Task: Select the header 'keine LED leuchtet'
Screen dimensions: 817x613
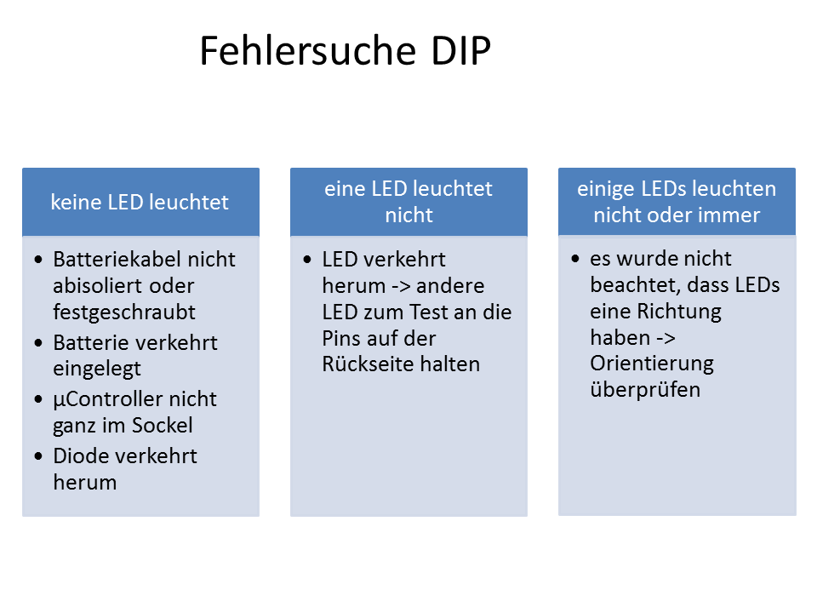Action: point(140,203)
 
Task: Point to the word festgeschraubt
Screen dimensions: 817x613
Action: point(124,312)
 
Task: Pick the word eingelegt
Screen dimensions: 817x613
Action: point(97,369)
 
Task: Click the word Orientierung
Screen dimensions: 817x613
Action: point(652,364)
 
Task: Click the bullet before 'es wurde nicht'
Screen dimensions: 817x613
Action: point(576,259)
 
